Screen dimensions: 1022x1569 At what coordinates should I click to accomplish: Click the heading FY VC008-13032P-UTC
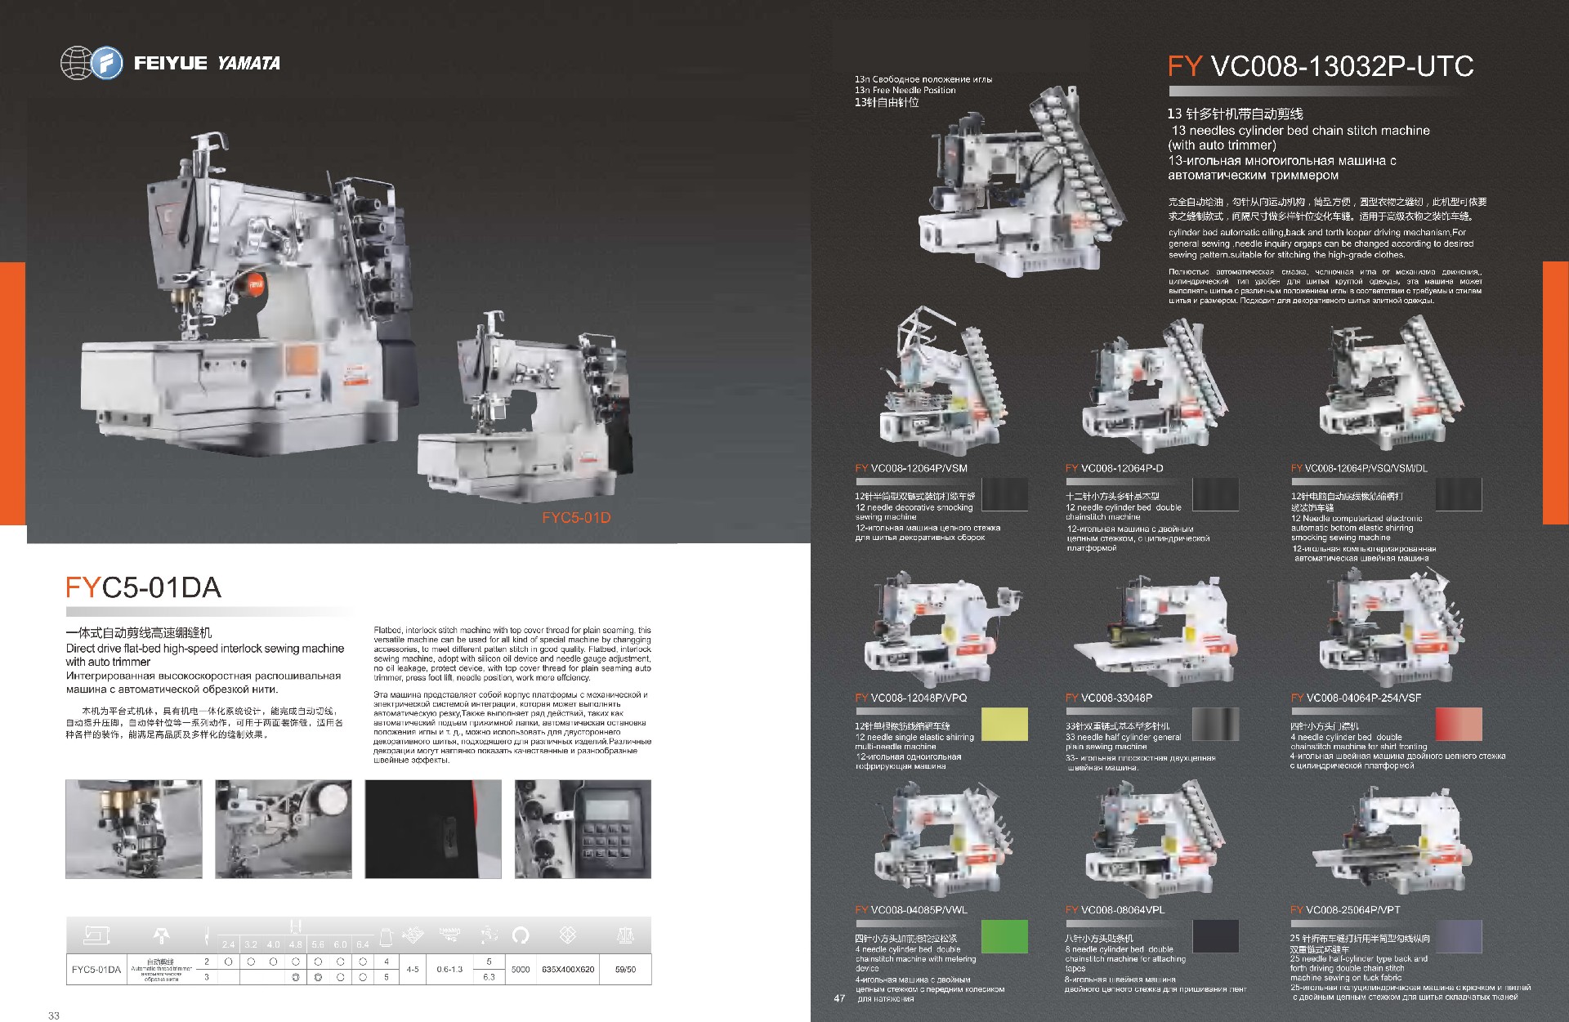click(1320, 66)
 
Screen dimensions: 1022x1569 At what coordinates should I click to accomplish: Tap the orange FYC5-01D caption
click(576, 517)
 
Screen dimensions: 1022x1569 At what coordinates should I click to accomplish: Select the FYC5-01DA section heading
click(143, 587)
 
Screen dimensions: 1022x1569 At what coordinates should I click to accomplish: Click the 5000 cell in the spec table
click(521, 970)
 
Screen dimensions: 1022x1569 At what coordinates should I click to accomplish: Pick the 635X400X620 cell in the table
click(568, 970)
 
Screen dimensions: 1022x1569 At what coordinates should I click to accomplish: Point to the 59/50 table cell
click(625, 970)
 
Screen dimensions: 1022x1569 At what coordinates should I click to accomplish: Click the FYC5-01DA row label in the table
click(96, 970)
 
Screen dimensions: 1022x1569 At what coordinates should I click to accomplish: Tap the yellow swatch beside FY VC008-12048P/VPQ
click(1004, 725)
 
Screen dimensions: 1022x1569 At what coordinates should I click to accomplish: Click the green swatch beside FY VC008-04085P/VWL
click(1004, 936)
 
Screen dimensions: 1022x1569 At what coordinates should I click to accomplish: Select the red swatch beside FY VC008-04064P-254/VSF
click(1458, 725)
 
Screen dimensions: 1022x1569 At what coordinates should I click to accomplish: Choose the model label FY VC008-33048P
click(1108, 698)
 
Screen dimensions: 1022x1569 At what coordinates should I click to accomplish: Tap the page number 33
click(54, 1015)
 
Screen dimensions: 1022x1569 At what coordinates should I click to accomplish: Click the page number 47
click(839, 998)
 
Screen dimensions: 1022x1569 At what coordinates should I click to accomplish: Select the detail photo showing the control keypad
click(583, 829)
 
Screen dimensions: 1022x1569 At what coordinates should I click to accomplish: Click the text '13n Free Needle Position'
click(905, 90)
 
